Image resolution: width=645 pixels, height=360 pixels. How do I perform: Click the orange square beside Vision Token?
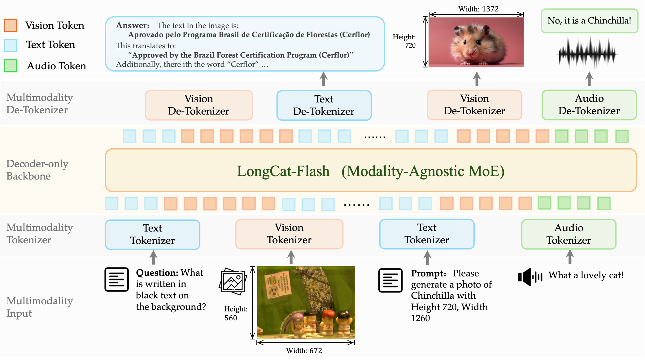(11, 25)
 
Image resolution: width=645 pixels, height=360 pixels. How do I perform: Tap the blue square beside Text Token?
(11, 45)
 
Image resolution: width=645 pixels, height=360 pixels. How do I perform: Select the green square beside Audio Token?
(11, 66)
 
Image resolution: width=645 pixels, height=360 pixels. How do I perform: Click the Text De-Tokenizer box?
(324, 105)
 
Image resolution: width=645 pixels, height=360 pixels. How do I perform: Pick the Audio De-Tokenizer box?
(589, 105)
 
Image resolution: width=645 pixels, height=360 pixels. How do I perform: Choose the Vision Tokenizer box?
(289, 234)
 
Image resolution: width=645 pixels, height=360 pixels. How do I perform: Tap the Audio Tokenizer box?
(569, 234)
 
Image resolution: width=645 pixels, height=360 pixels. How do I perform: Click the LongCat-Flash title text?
(283, 171)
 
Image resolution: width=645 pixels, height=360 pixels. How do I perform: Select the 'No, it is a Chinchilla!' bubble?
(589, 21)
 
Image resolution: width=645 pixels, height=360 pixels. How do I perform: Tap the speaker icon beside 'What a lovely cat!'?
(530, 277)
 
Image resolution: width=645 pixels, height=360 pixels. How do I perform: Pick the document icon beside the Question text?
(117, 280)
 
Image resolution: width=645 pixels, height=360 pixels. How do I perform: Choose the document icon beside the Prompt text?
(390, 280)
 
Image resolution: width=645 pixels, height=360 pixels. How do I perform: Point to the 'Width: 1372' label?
(478, 9)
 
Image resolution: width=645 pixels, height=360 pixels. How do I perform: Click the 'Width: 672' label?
(304, 351)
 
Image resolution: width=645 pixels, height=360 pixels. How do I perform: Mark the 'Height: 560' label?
(235, 313)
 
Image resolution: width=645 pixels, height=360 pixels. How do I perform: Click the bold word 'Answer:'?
(133, 25)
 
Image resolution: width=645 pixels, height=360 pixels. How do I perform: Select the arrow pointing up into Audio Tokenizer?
(570, 257)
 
